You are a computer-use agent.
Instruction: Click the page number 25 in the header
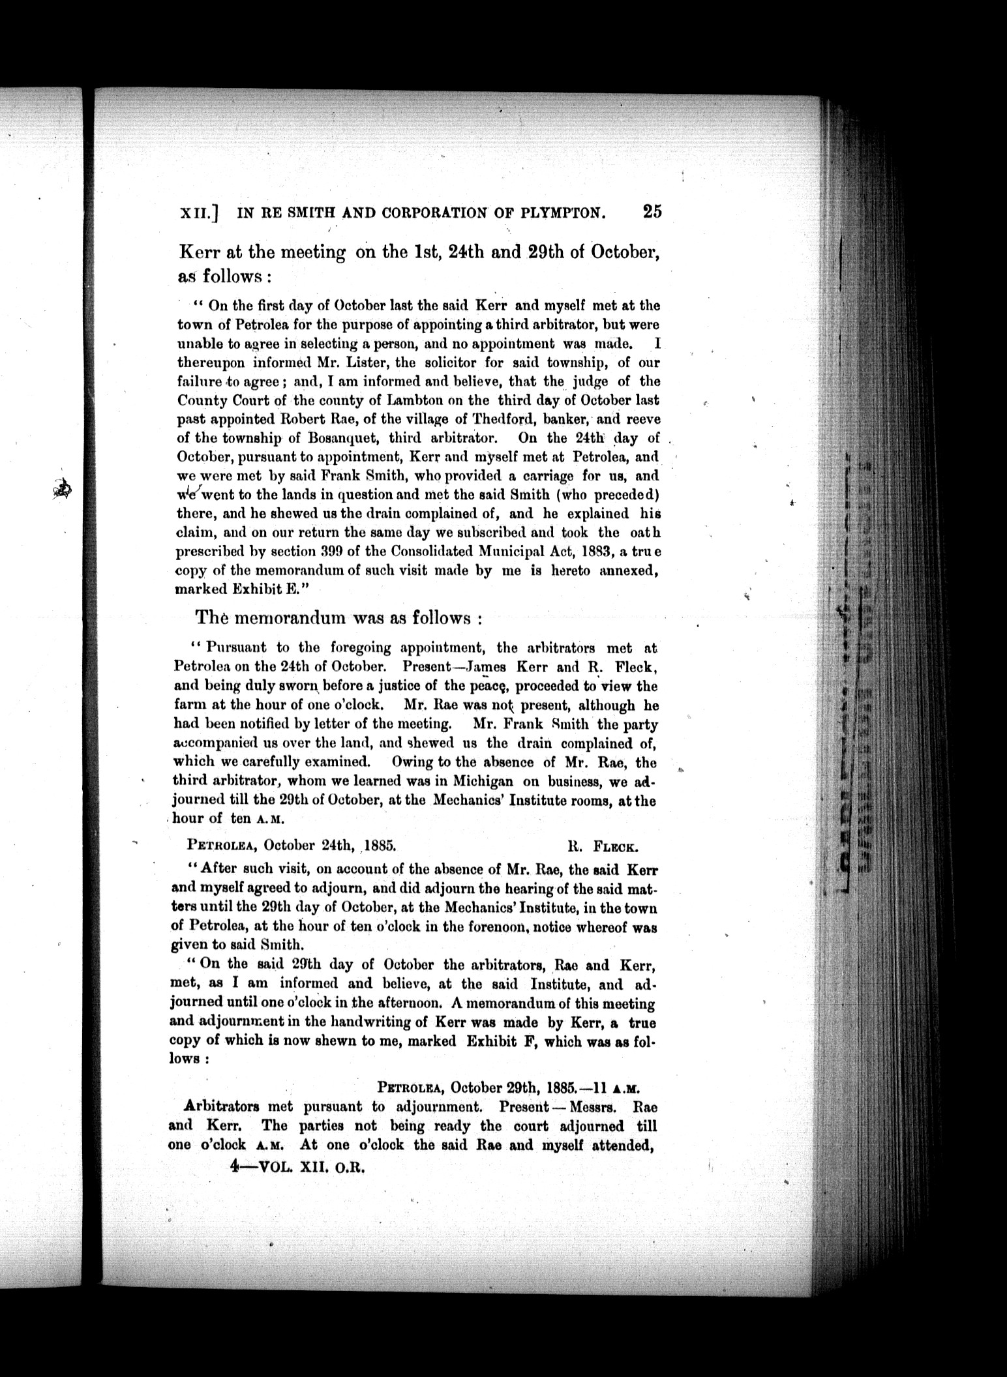click(x=652, y=211)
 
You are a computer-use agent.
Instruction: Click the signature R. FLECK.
click(x=603, y=847)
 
